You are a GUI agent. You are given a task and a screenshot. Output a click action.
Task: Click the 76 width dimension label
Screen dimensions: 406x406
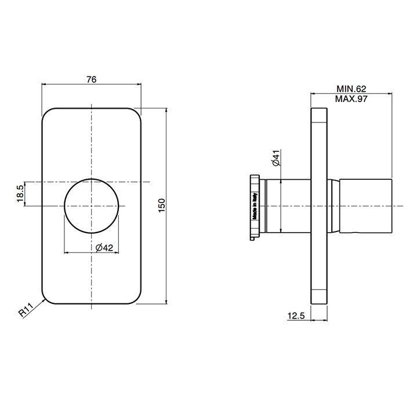coord(92,79)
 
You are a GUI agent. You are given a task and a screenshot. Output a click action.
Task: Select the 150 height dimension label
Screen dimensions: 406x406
coord(161,205)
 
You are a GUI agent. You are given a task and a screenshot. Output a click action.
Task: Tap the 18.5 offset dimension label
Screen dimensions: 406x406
coord(20,194)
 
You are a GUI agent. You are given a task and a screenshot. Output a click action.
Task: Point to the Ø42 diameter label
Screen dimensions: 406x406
coord(104,248)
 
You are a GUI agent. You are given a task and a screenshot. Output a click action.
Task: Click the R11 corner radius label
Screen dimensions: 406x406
coord(26,310)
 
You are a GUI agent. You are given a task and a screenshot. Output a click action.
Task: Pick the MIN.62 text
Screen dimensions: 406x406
coord(351,89)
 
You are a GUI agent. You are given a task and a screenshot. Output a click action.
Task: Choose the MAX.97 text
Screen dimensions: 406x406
coord(351,99)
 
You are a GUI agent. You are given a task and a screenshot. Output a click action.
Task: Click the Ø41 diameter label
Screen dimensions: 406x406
coord(276,158)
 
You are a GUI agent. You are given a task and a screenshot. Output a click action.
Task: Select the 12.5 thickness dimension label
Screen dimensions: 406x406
coord(296,316)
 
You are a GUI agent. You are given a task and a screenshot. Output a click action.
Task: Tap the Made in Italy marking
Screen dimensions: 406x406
coord(255,206)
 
